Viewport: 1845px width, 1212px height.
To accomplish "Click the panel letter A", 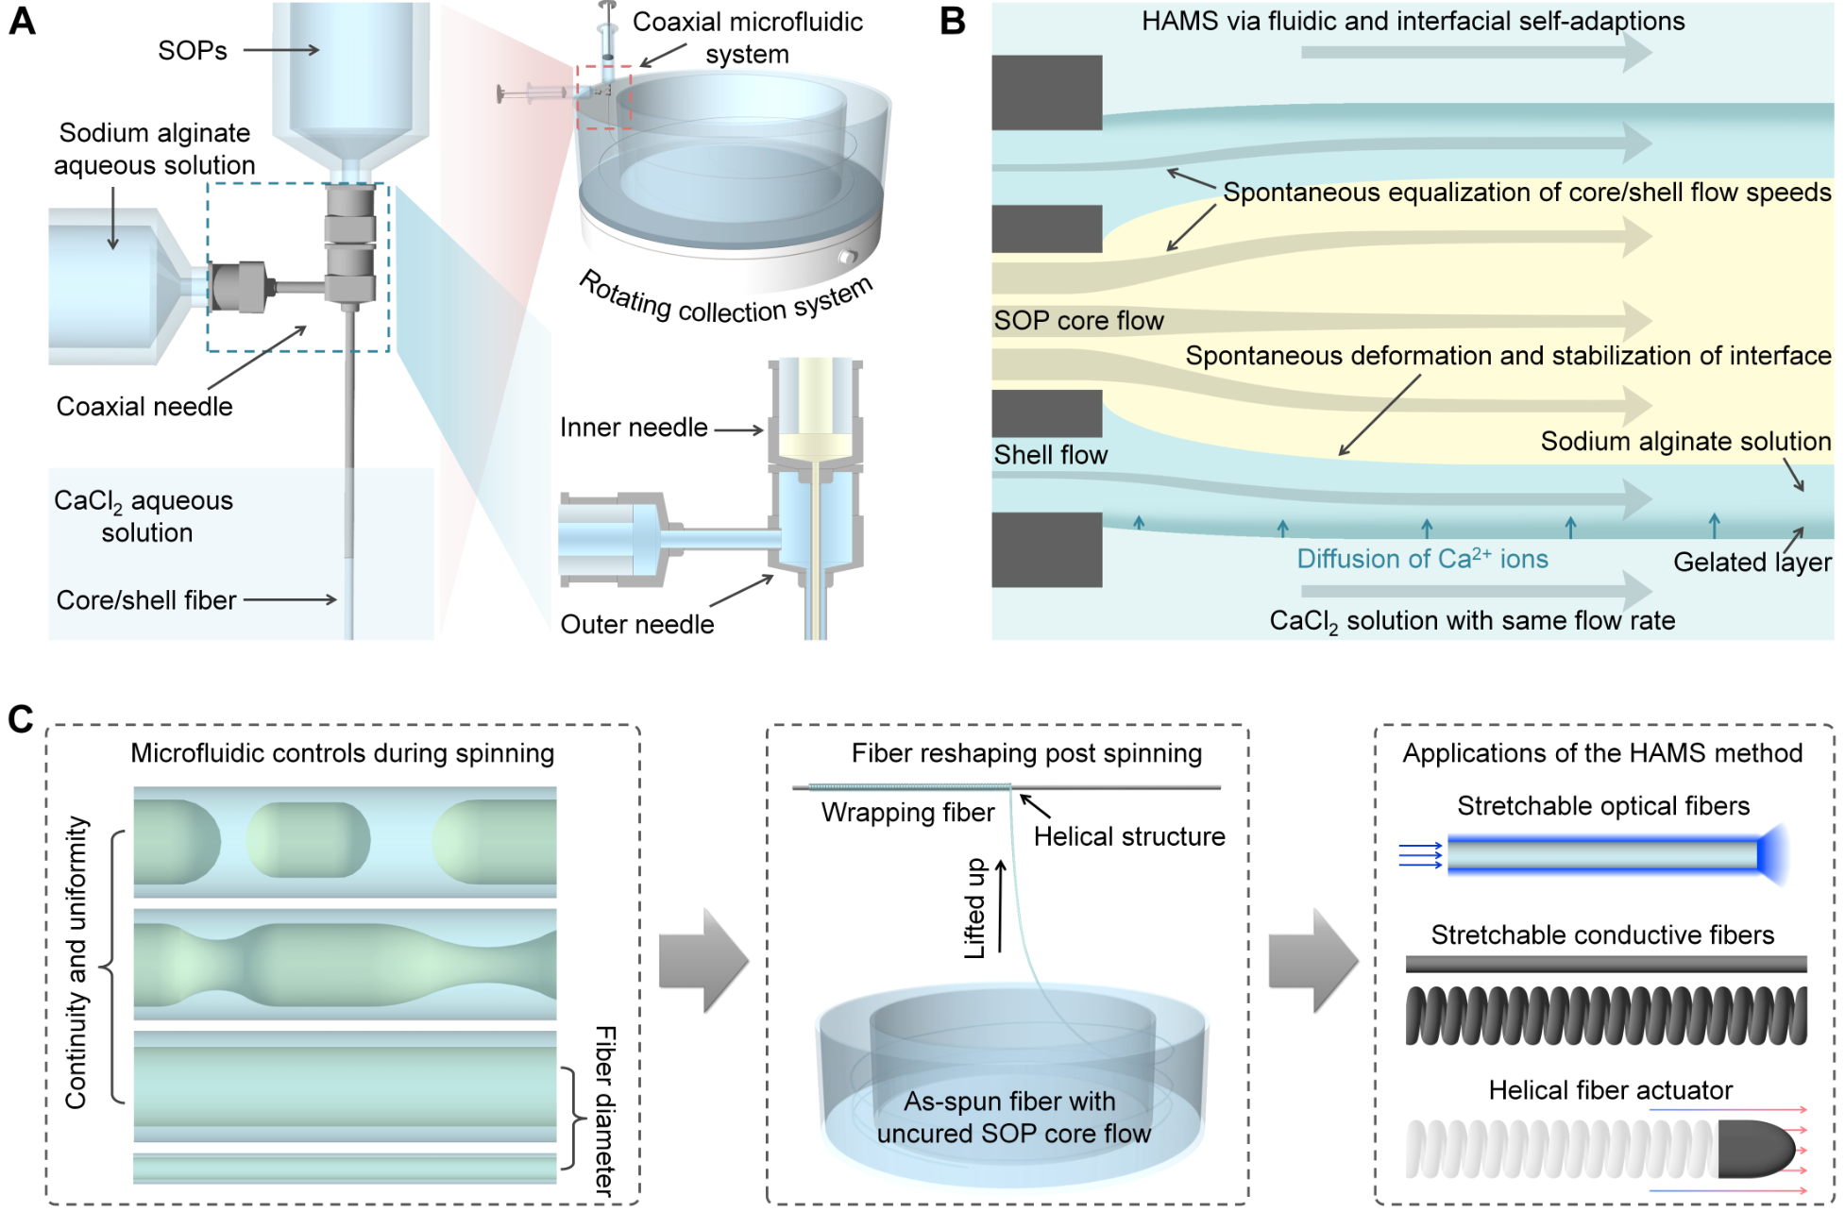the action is click(22, 21).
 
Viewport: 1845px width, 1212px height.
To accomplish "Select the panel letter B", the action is click(953, 21).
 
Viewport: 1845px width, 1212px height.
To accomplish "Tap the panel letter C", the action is click(21, 719).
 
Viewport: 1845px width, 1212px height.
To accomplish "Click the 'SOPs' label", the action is click(193, 50).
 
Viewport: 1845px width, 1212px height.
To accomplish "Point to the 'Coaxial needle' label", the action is click(144, 406).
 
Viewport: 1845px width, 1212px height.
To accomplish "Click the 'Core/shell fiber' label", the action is click(146, 599).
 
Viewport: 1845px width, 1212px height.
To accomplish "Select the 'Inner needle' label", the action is click(634, 428).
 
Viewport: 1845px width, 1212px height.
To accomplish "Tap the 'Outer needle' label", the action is click(637, 624).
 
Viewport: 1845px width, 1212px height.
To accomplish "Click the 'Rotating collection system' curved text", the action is click(725, 300).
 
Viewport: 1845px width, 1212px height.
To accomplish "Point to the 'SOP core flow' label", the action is click(1078, 321).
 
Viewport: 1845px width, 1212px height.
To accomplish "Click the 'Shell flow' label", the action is click(1051, 455).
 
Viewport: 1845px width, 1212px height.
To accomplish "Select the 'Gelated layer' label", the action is click(1752, 563).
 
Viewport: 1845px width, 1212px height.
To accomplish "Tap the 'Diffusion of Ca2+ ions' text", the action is click(1422, 559).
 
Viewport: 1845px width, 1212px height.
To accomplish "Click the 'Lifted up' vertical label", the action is click(974, 908).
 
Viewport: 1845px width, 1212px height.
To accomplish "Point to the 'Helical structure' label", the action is click(1129, 836).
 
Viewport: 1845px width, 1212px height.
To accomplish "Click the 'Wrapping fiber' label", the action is click(907, 813).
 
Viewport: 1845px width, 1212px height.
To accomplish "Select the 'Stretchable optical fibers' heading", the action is click(1603, 805).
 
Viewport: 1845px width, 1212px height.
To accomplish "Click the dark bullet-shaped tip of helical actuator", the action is click(1754, 1149).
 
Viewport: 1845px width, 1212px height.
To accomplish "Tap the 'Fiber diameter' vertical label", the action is click(605, 1111).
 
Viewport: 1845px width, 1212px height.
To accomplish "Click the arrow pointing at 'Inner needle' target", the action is click(738, 430).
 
